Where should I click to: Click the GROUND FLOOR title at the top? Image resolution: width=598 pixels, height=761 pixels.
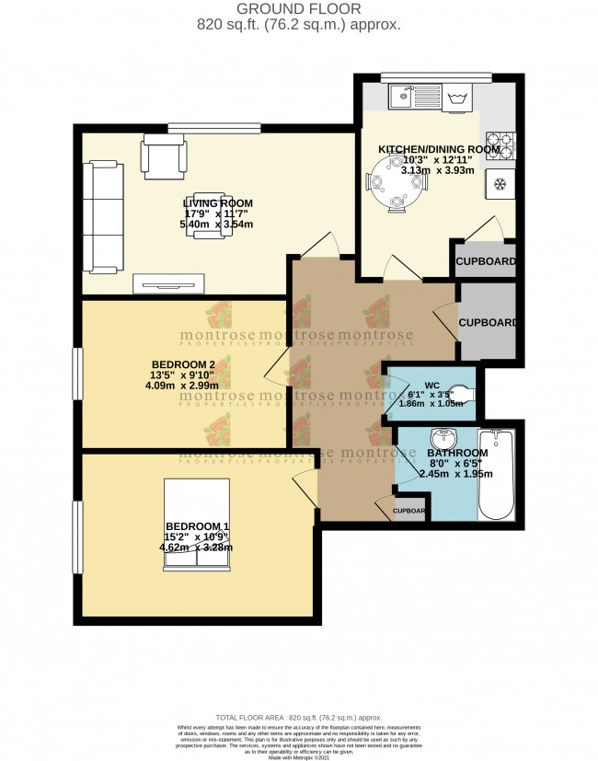click(x=298, y=8)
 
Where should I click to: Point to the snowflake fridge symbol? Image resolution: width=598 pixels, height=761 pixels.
click(x=502, y=183)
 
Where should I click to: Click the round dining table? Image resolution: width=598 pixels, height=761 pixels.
click(x=397, y=182)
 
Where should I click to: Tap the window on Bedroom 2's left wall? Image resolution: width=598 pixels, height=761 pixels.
click(x=78, y=374)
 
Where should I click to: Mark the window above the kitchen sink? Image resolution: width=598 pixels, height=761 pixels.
click(x=436, y=76)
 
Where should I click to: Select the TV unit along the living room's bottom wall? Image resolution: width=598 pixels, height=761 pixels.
click(x=172, y=283)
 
